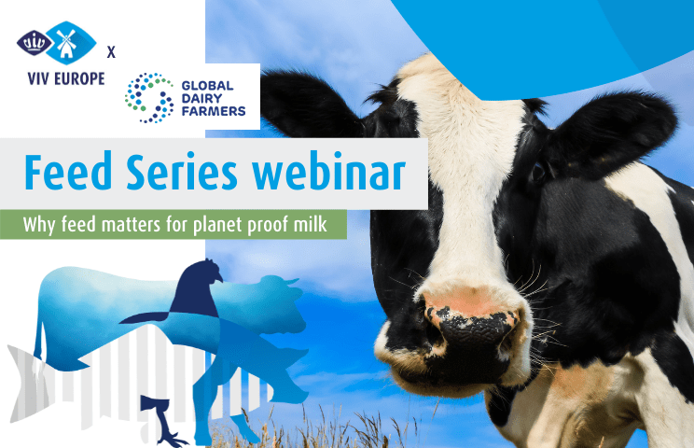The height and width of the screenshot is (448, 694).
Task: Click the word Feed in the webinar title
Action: pyautogui.click(x=68, y=173)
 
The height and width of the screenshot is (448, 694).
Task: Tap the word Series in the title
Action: pyautogui.click(x=182, y=173)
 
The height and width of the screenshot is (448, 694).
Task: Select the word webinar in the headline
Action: pyautogui.click(x=328, y=173)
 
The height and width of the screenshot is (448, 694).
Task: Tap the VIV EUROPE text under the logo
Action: pyautogui.click(x=66, y=78)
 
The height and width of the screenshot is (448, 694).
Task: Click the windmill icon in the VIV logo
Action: pyautogui.click(x=66, y=44)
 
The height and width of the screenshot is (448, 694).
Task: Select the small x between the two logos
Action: pyautogui.click(x=111, y=52)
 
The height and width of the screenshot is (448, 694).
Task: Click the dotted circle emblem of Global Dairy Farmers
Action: pyautogui.click(x=149, y=98)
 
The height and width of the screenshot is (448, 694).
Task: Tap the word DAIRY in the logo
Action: pyautogui.click(x=201, y=98)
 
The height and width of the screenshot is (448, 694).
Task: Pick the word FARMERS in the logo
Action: pyautogui.click(x=214, y=111)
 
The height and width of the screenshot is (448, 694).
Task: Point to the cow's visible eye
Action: pyautogui.click(x=538, y=172)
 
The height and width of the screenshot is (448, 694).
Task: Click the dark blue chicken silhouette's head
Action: pyautogui.click(x=207, y=269)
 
